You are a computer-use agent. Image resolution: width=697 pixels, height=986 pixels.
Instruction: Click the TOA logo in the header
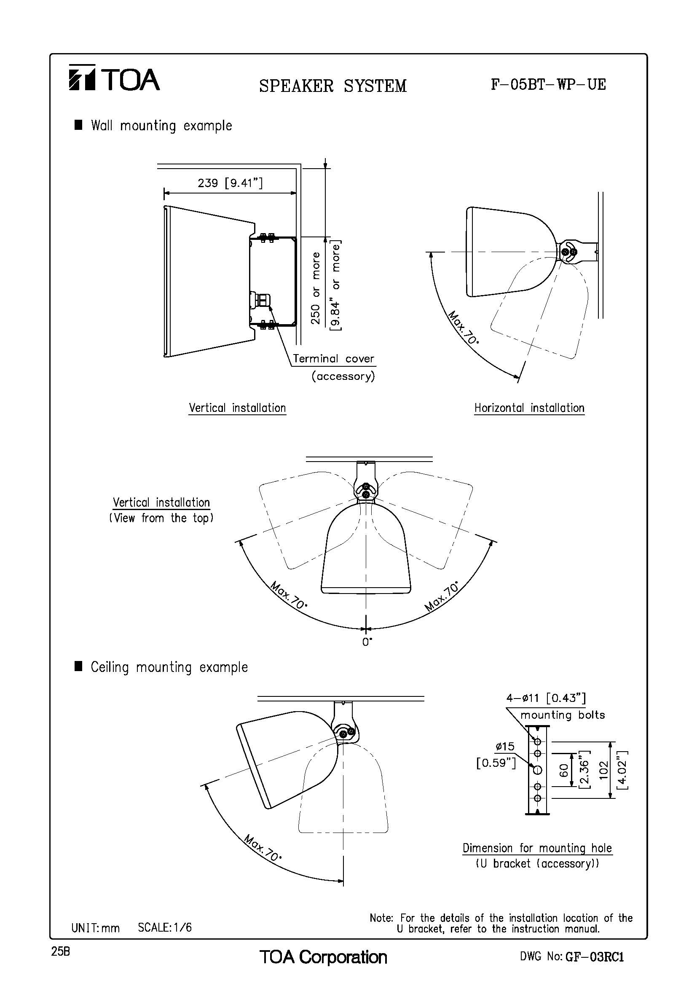tap(114, 78)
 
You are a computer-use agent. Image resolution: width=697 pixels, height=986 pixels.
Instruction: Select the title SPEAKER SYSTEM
tap(332, 86)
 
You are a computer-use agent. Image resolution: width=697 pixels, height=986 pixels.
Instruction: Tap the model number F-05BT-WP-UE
tap(549, 84)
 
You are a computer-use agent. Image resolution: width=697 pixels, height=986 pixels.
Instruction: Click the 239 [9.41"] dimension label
tap(230, 183)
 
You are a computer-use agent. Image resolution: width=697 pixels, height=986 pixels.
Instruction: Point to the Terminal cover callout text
tap(333, 359)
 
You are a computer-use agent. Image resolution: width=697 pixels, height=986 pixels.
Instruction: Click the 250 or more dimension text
tap(316, 288)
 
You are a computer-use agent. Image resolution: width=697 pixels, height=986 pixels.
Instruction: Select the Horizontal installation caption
tap(529, 408)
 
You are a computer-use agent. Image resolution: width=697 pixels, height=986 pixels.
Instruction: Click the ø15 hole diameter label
tap(505, 747)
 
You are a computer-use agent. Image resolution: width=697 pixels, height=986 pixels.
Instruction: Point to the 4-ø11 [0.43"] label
tap(546, 698)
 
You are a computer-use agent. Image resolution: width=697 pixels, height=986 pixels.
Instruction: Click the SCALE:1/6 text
tap(165, 927)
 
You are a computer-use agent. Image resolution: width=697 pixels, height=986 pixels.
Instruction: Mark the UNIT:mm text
tap(95, 927)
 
